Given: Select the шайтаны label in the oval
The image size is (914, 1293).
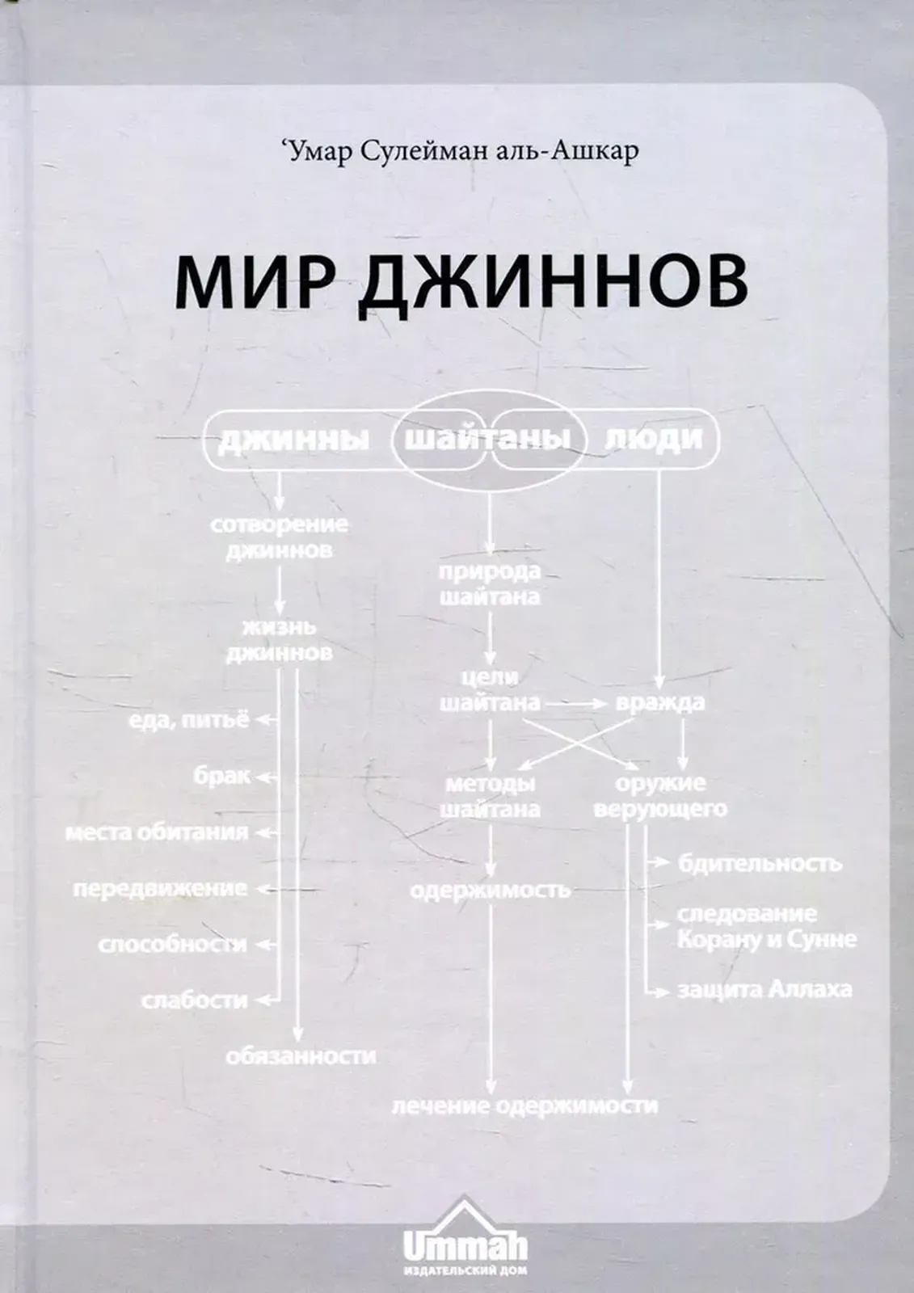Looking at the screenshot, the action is pos(488,440).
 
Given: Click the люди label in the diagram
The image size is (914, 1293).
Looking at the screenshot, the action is pos(653,439).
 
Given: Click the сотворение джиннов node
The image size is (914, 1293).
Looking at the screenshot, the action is pos(280,538).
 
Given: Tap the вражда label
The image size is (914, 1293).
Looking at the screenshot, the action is pos(660,703).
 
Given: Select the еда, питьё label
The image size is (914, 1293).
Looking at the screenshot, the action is pos(188,720).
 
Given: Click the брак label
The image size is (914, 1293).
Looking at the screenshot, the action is pos(221,777).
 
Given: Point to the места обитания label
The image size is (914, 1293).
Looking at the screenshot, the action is pos(157,833).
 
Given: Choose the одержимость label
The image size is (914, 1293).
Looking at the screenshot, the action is pos(491,891).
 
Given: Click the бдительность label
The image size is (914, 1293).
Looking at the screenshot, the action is pos(760,864).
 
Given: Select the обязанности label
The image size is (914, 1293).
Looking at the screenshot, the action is pos(301,1055).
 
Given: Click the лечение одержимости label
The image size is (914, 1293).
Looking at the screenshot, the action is pos(525,1106).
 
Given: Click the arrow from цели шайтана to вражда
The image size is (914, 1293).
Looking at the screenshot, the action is pos(575,704).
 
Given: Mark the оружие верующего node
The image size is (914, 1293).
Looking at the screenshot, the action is pos(660,796).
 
